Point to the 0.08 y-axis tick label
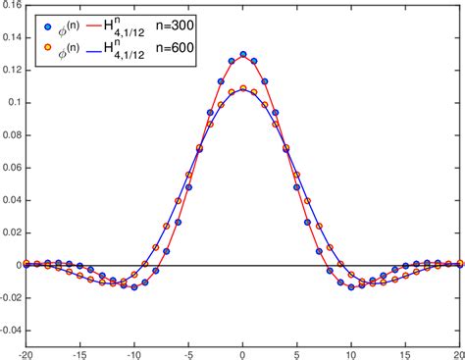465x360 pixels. pyautogui.click(x=11, y=134)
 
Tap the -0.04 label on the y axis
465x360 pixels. pyautogui.click(x=9, y=329)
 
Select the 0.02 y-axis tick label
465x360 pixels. pyautogui.click(x=11, y=231)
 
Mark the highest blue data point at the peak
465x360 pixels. pyautogui.click(x=242, y=55)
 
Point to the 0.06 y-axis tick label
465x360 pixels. pyautogui.click(x=11, y=167)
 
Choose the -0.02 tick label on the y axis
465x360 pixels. pyautogui.click(x=9, y=296)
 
